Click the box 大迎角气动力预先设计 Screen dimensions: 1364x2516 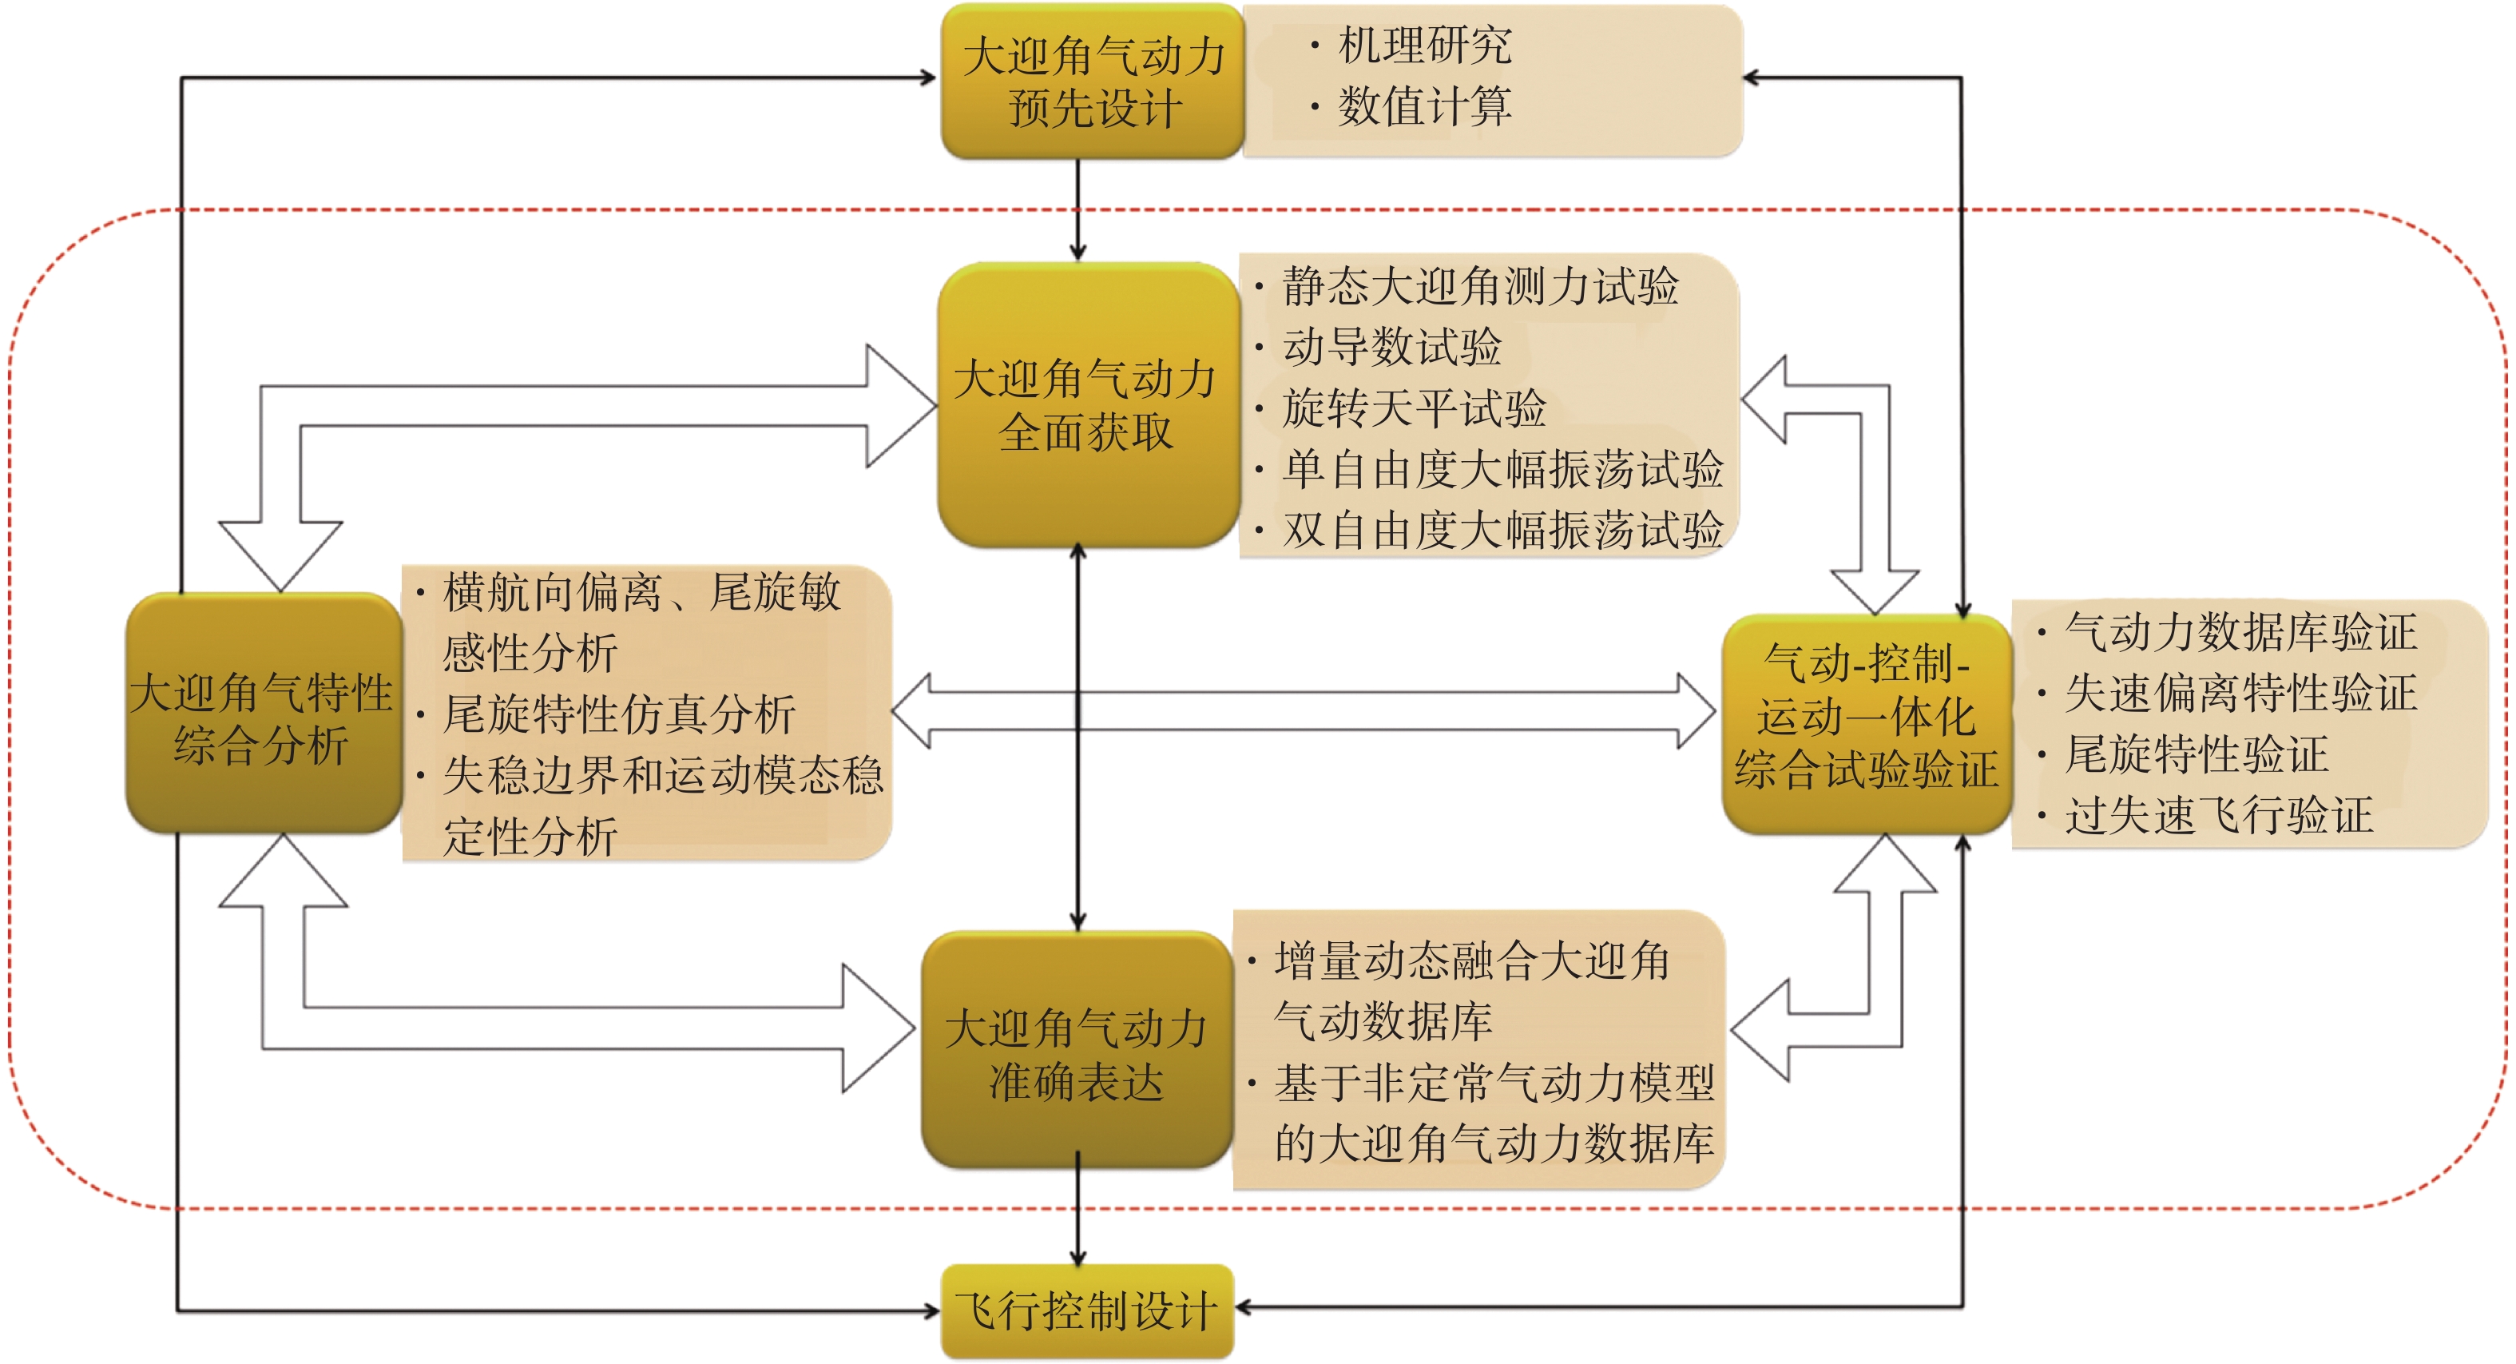click(x=1092, y=81)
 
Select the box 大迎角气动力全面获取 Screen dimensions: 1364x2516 click(x=1086, y=404)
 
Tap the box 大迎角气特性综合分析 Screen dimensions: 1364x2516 click(x=263, y=716)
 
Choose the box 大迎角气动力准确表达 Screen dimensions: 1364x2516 click(x=1077, y=1053)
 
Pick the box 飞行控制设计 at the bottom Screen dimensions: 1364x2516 click(x=1087, y=1311)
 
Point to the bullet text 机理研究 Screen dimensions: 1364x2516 click(x=1425, y=45)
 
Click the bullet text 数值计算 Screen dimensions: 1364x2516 click(x=1425, y=105)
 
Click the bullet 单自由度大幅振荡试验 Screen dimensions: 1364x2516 click(x=1502, y=469)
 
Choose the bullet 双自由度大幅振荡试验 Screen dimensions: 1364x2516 click(x=1502, y=530)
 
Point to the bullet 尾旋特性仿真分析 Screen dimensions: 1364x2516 click(x=619, y=714)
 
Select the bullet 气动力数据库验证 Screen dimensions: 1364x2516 click(x=2240, y=631)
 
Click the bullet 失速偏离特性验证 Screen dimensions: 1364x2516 click(x=2240, y=693)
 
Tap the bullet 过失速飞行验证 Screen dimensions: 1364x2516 click(x=2219, y=815)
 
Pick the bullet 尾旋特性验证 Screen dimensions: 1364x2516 click(x=2197, y=754)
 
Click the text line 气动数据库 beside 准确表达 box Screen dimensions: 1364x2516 click(x=1383, y=1021)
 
